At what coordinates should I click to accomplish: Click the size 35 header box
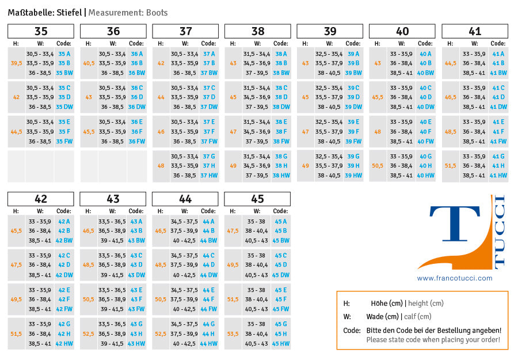pyautogui.click(x=41, y=31)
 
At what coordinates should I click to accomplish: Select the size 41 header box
pyautogui.click(x=475, y=31)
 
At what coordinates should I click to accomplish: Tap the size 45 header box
pyautogui.click(x=257, y=199)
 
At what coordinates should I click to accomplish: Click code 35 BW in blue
pyautogui.click(x=64, y=73)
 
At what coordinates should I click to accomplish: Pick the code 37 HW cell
pyautogui.click(x=209, y=176)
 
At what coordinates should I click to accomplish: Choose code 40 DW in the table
pyautogui.click(x=425, y=107)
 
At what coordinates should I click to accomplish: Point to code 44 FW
pyautogui.click(x=208, y=309)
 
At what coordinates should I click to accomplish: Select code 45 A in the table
pyautogui.click(x=280, y=222)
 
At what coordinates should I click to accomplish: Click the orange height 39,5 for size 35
pyautogui.click(x=16, y=63)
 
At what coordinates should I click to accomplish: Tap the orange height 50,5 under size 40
pyautogui.click(x=378, y=166)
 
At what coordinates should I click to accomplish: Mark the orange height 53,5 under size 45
pyautogui.click(x=233, y=334)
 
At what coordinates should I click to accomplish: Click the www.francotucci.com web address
pyautogui.click(x=455, y=278)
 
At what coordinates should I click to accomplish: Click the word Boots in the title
pyautogui.click(x=156, y=12)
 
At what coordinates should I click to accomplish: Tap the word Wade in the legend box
pyautogui.click(x=376, y=317)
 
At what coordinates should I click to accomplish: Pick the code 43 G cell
pyautogui.click(x=136, y=324)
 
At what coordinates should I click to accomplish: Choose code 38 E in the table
pyautogui.click(x=281, y=122)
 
